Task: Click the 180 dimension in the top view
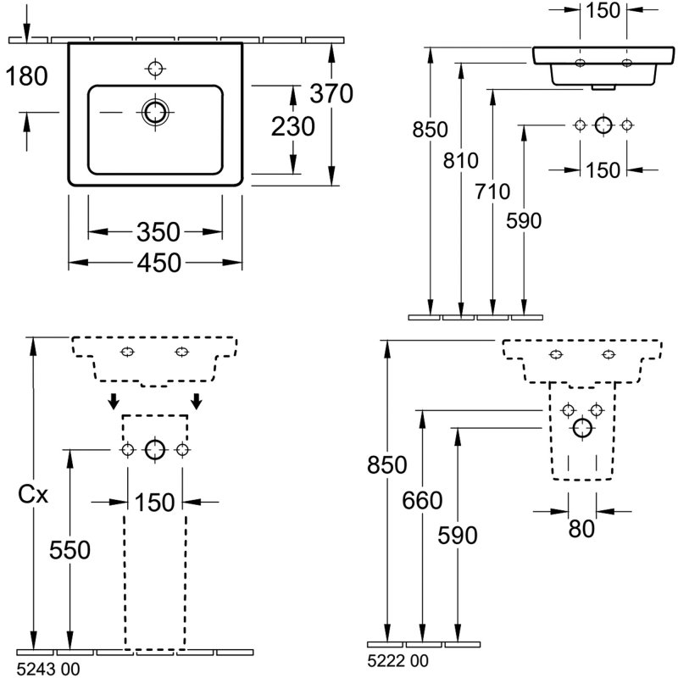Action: [26, 76]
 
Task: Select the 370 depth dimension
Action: [331, 93]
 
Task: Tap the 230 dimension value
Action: [293, 127]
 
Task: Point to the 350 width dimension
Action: [158, 231]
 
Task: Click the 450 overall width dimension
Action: [158, 263]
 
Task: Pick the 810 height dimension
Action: [461, 161]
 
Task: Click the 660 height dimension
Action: [422, 501]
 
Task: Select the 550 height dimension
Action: [69, 551]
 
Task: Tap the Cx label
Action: [33, 494]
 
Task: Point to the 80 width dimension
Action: [581, 529]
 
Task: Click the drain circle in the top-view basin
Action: [156, 112]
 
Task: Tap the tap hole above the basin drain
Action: [156, 67]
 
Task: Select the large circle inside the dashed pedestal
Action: [154, 449]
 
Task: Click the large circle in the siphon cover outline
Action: [581, 428]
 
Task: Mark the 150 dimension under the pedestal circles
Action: [155, 502]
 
